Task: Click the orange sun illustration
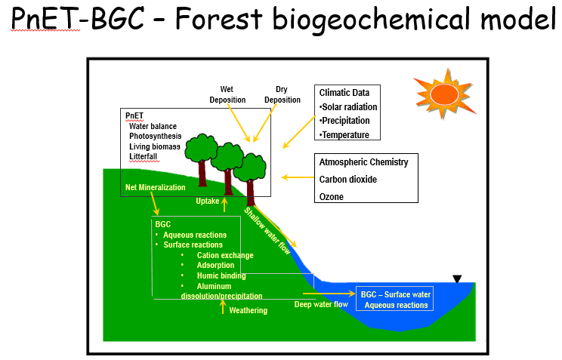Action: coord(445,94)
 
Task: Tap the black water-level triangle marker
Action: coord(457,278)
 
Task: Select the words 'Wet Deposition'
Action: coord(227,94)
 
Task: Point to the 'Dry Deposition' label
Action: coord(283,94)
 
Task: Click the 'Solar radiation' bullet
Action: coord(348,107)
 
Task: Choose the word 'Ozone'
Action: coord(332,197)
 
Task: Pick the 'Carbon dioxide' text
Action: coord(348,180)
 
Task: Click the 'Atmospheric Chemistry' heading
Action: coord(364,162)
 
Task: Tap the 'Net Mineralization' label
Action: coord(155,187)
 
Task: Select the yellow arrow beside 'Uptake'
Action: coord(225,205)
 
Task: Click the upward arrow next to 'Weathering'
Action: coord(223,307)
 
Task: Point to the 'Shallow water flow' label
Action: coord(267,231)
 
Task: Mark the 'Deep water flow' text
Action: coord(321,304)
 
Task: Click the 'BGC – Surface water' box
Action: coord(394,299)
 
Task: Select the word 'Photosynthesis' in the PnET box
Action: coord(155,136)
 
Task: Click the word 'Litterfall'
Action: coord(143,156)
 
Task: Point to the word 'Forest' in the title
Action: coord(219,19)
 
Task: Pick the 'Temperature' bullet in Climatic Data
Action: coord(344,135)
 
